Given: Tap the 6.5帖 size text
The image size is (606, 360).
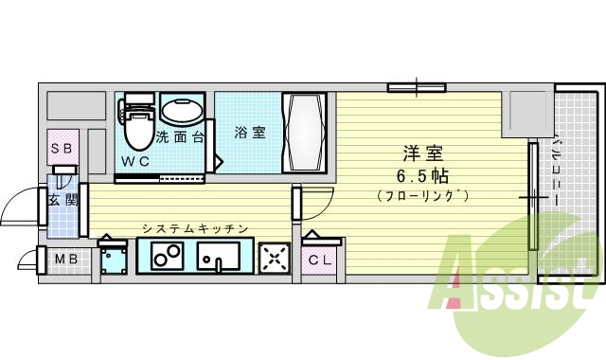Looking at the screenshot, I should (423, 175).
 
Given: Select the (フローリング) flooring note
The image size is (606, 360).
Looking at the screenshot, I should (423, 196).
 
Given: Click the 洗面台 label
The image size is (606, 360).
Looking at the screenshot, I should (180, 137).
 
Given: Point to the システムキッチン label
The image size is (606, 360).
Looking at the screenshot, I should (194, 228).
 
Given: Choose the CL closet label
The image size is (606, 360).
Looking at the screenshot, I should (319, 260).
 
